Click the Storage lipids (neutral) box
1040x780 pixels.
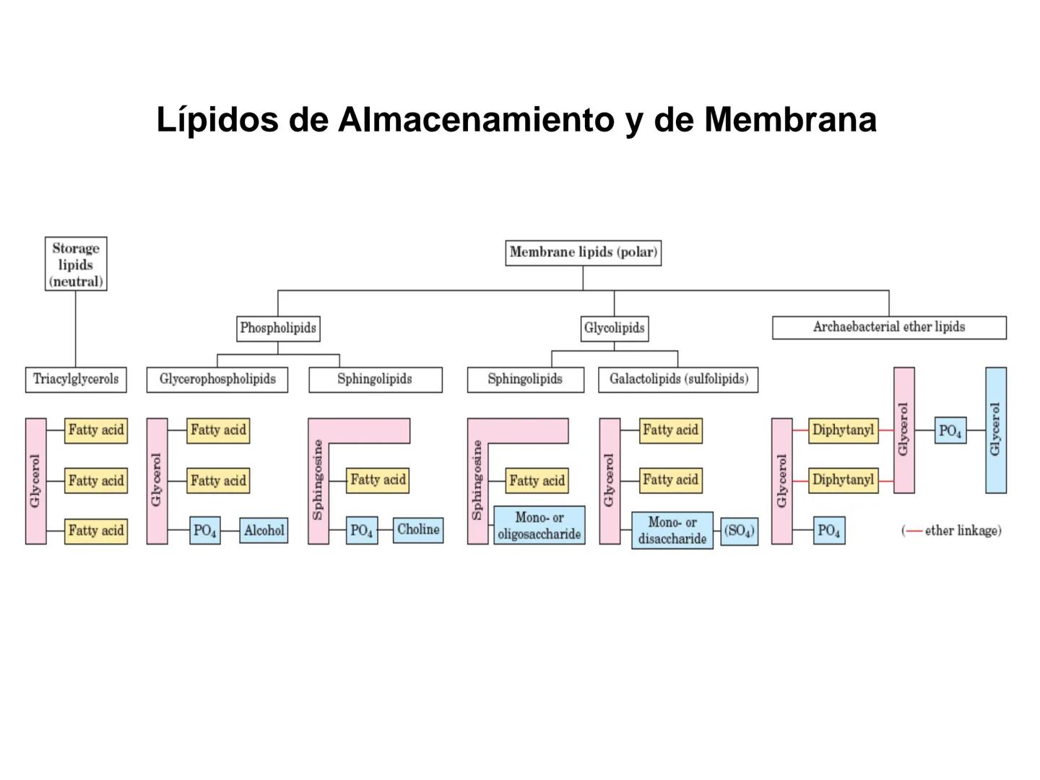click(x=76, y=264)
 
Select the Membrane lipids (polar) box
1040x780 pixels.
click(x=583, y=253)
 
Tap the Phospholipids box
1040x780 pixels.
click(x=278, y=329)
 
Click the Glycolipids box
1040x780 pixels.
click(x=615, y=329)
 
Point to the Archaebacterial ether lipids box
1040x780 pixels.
click(x=889, y=327)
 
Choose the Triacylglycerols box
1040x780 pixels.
click(x=76, y=380)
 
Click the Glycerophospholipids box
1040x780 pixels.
click(x=217, y=380)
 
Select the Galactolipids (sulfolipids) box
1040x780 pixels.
click(x=678, y=380)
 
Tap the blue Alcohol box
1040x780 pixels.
click(x=264, y=531)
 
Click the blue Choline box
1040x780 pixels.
click(x=418, y=530)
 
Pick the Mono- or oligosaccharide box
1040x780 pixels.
click(x=539, y=526)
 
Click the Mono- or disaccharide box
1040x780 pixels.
click(x=672, y=531)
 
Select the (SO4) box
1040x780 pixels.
click(x=740, y=532)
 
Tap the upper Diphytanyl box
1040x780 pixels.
click(x=843, y=430)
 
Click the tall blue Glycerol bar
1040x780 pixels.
click(x=996, y=430)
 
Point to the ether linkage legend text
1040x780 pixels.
click(x=952, y=531)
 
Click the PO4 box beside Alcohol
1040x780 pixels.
click(x=205, y=531)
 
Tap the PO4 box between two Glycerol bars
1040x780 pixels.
click(x=950, y=431)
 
